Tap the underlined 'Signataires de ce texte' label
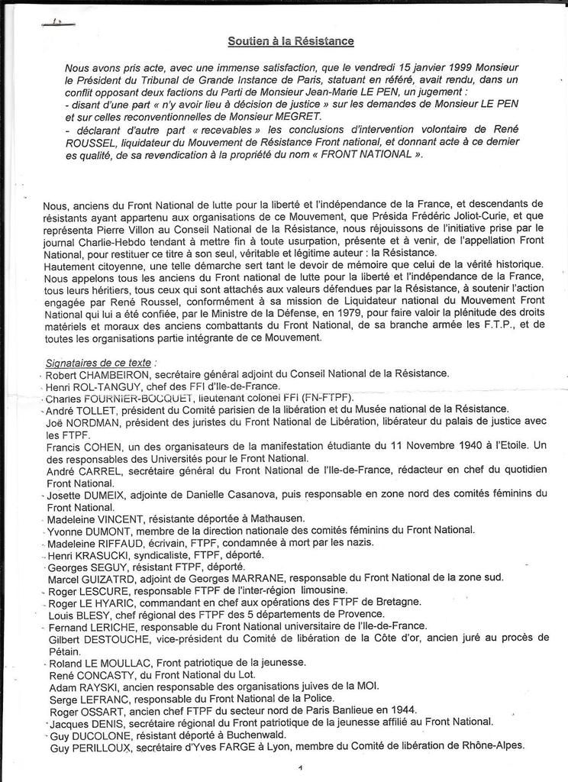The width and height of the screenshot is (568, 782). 102,362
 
